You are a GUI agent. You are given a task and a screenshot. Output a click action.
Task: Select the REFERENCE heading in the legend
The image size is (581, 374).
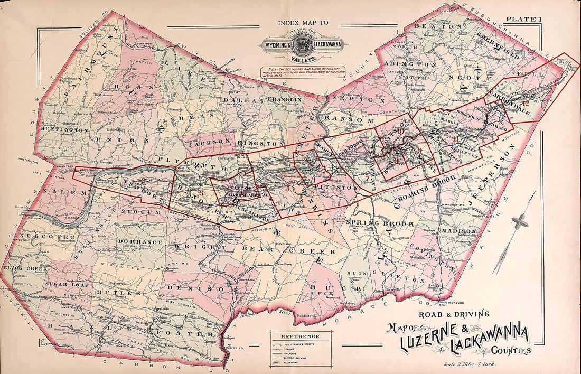[300, 336]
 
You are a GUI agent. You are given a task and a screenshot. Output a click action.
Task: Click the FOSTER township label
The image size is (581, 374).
[185, 334]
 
